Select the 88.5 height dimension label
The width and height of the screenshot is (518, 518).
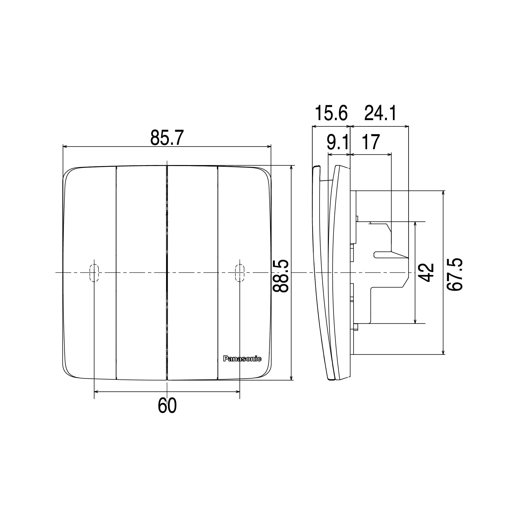[x=281, y=276]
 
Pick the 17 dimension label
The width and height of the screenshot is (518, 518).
[x=371, y=142]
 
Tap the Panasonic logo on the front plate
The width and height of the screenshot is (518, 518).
[x=242, y=359]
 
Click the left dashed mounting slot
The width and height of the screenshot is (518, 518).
[x=94, y=273]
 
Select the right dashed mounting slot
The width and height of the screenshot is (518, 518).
[x=239, y=273]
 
